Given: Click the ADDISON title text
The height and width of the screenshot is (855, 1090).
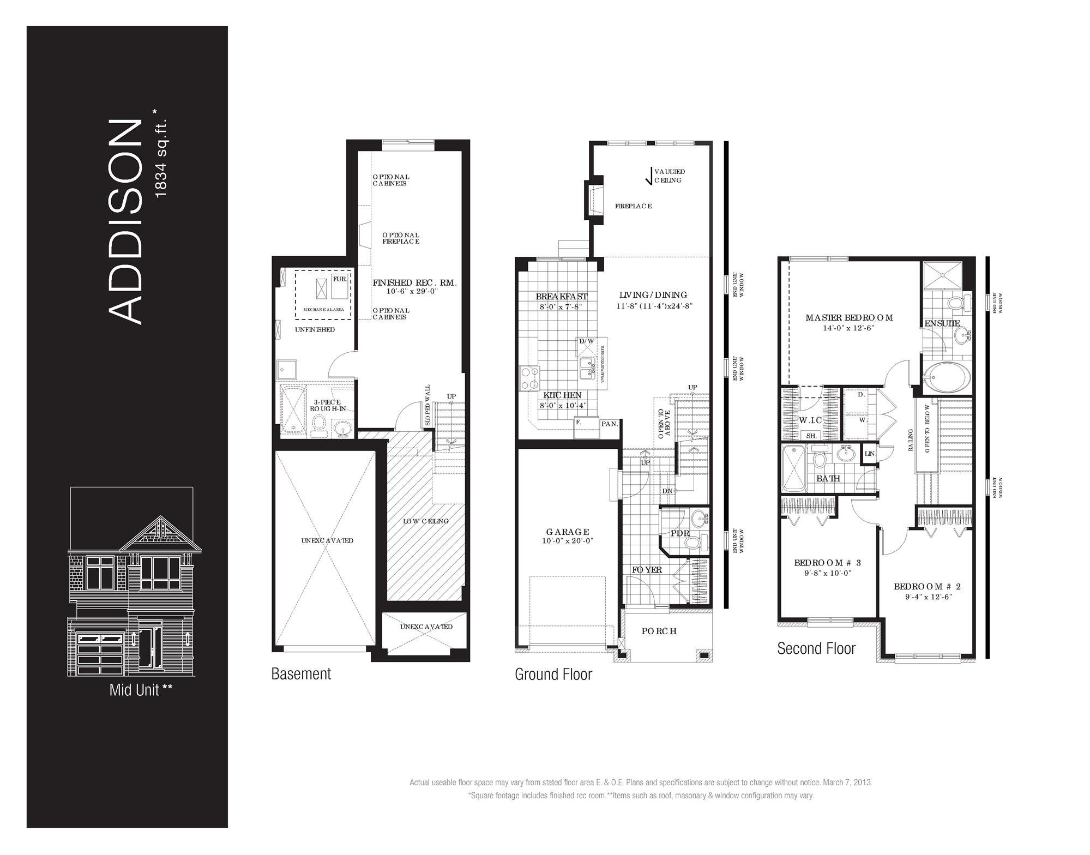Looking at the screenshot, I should coord(125,222).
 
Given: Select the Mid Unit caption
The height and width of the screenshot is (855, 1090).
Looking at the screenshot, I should coord(141,690).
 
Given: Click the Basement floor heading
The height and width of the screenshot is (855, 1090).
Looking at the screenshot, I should coord(301,674).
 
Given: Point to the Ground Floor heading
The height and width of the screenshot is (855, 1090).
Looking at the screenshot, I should coord(553,675).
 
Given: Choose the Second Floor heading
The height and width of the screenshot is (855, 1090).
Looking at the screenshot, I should coord(816,649).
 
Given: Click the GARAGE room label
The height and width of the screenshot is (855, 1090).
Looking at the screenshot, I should coord(567,532).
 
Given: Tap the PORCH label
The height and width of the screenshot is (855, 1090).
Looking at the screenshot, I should coord(659,631).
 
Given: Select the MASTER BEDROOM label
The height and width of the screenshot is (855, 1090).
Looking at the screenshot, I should coord(849,317).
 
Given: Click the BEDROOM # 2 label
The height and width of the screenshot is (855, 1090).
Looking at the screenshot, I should coord(927,587).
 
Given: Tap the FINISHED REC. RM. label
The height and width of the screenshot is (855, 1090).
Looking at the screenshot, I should coord(414,282).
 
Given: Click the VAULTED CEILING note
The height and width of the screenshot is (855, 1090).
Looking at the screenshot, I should coord(669,176).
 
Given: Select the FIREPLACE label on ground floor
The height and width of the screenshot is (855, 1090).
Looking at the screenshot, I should coord(633,206).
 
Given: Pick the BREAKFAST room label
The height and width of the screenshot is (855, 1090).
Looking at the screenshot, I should coord(562,296).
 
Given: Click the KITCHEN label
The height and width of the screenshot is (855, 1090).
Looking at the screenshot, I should coord(562,395).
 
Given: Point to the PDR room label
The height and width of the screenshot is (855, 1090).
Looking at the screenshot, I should coord(680,533).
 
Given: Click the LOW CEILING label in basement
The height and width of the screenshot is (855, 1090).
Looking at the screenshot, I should coord(426,521).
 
